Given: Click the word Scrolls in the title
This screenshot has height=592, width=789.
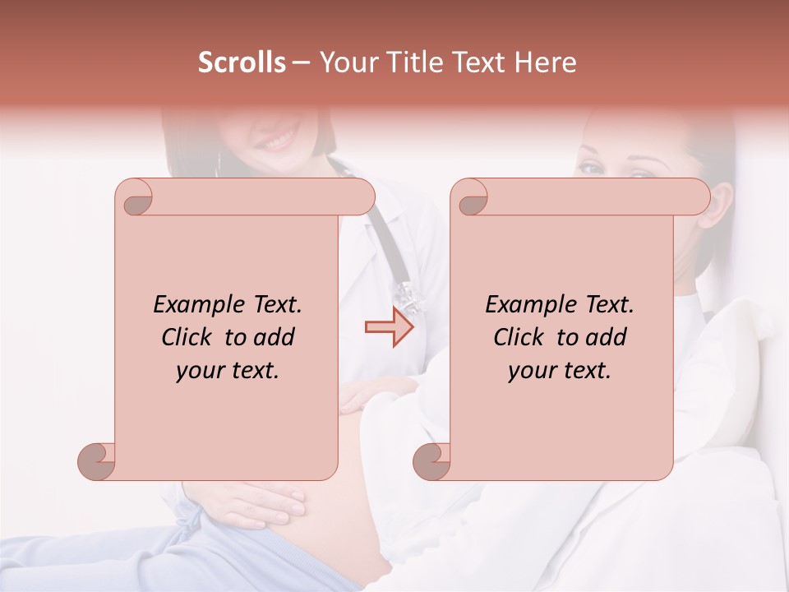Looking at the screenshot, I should coord(242,62).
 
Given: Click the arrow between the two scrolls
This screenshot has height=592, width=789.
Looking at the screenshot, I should coord(389,327).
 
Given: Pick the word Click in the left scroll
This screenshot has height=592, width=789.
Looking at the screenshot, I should coord(190,337).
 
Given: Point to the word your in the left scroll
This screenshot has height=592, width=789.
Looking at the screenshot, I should coord(200,370).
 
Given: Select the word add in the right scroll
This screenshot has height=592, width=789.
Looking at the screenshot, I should coord(604,337).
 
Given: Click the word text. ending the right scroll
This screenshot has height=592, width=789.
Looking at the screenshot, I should coord(584,370).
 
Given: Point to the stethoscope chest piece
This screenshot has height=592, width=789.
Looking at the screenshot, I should coord(408,294).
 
